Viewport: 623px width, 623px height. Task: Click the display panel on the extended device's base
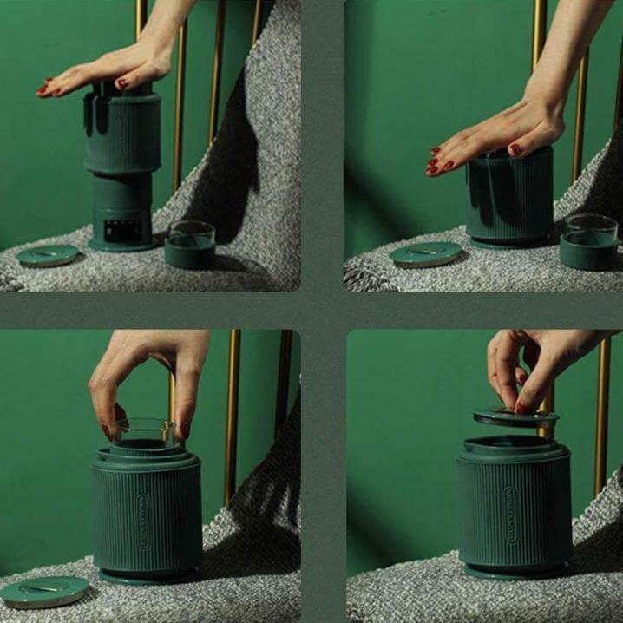pyautogui.click(x=116, y=229)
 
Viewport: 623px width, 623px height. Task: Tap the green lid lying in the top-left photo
pyautogui.click(x=47, y=254)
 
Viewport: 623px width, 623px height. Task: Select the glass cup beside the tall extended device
pyautogui.click(x=190, y=245)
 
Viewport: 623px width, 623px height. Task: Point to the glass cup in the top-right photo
pyautogui.click(x=589, y=241)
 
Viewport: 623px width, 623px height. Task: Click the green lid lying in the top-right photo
pyautogui.click(x=425, y=253)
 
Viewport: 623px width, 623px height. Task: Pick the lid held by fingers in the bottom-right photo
pyautogui.click(x=515, y=417)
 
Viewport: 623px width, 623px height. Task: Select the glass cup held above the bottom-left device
pyautogui.click(x=143, y=432)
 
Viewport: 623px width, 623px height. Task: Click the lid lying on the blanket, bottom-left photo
pyautogui.click(x=43, y=590)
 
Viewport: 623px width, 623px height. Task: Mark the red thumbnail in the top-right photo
pyautogui.click(x=515, y=150)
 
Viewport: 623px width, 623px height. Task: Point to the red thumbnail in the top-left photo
pyautogui.click(x=122, y=84)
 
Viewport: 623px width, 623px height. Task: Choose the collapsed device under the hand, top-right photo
pyautogui.click(x=510, y=200)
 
